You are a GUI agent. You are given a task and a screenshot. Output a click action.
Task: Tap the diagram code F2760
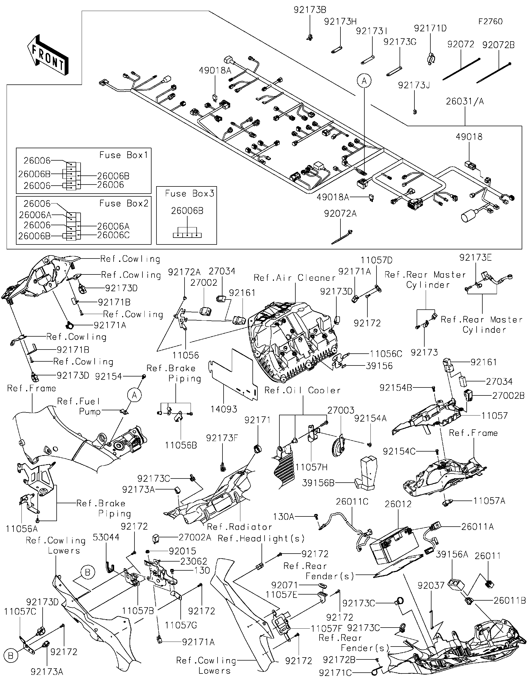pyautogui.click(x=490, y=21)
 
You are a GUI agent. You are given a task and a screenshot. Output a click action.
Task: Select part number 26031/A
pyautogui.click(x=465, y=101)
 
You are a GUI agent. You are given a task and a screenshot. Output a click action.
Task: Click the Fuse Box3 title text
pyautogui.click(x=189, y=194)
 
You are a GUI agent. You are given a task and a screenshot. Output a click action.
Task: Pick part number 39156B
pyautogui.click(x=318, y=483)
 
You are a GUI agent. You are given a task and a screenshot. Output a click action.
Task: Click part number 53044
pyautogui.click(x=106, y=537)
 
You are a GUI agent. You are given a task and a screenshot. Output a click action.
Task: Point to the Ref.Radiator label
pyautogui.click(x=240, y=527)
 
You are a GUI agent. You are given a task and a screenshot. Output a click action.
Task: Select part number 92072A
pyautogui.click(x=340, y=214)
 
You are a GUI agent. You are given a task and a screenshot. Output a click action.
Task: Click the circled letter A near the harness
pyautogui.click(x=364, y=81)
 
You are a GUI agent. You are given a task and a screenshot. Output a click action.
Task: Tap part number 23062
pyautogui.click(x=194, y=561)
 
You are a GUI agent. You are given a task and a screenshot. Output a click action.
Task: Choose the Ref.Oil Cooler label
pyautogui.click(x=302, y=390)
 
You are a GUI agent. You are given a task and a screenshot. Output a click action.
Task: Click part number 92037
pyautogui.click(x=431, y=585)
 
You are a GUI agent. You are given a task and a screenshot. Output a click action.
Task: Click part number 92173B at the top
pyautogui.click(x=310, y=10)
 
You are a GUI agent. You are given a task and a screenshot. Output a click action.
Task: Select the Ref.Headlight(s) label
pyautogui.click(x=261, y=538)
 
